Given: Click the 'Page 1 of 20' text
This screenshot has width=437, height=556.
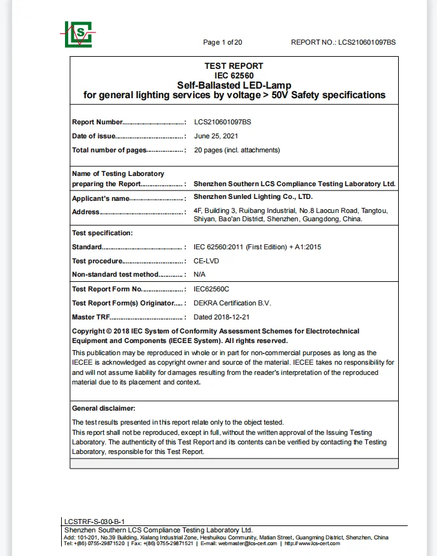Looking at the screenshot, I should coord(222,42).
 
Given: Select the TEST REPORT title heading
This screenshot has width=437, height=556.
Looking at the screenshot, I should coord(234,66).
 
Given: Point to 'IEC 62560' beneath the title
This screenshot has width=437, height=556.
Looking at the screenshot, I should coord(234,75).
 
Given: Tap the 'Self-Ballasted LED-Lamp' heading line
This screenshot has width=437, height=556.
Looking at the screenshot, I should coord(234,85).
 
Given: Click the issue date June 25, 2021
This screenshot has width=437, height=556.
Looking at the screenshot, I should coord(216,136).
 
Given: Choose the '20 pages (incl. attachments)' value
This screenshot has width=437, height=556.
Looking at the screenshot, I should coord(236,150).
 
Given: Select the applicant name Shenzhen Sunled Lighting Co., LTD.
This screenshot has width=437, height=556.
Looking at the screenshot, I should coord(253,197).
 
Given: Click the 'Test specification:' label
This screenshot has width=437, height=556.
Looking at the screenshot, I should coord(102,233).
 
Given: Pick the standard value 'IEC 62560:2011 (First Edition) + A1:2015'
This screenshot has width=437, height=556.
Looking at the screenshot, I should coord(262,247).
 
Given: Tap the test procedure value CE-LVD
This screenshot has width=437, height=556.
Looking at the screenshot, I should coord(208,261).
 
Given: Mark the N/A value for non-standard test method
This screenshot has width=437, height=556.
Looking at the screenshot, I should coord(199,274).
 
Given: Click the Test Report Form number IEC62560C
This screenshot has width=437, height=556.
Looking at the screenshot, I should coord(211,289).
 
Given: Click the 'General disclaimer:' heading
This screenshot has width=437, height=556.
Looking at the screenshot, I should coord(103,408).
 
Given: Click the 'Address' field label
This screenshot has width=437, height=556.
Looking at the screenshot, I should coord(85,212).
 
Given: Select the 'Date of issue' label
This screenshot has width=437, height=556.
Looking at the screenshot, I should coord(93,136).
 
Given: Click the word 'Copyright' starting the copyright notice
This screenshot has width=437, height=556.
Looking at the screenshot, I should coord(88,331).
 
